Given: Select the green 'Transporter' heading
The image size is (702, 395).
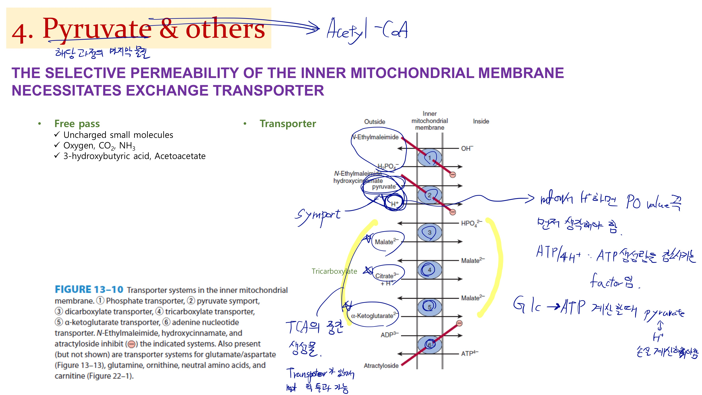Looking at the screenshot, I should tap(288, 124).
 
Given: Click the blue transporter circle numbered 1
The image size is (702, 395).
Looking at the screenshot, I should tap(430, 158).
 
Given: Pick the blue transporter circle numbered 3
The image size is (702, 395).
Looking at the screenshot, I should tap(430, 233).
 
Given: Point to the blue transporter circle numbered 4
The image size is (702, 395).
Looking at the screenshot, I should tap(430, 270).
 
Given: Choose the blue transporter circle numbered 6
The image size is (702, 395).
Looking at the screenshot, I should tap(430, 345).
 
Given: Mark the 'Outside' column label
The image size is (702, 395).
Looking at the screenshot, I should tap(375, 121).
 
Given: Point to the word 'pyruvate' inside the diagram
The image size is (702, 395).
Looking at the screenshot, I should tap(384, 187).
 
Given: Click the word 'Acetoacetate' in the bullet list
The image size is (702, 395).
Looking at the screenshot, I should tap(180, 156).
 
